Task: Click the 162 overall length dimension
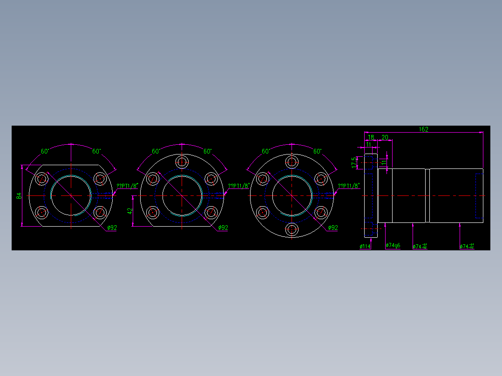[423, 129]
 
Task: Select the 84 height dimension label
[19, 196]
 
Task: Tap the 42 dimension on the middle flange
[130, 211]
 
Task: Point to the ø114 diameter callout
[365, 246]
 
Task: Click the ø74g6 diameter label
[393, 245]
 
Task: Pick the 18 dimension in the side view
[371, 137]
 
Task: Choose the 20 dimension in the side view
[385, 137]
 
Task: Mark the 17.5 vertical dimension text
[354, 162]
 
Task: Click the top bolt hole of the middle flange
[182, 162]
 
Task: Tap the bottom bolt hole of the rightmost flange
[292, 229]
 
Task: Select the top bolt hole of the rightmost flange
[292, 162]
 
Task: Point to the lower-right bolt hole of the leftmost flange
[100, 213]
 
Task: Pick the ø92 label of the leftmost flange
[112, 228]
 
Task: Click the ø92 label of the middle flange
[223, 228]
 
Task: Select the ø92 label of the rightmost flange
[332, 228]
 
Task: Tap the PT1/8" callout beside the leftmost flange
[128, 186]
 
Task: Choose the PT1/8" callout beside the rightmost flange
[349, 186]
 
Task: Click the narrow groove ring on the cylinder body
[427, 195]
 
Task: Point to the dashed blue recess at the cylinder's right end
[479, 195]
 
